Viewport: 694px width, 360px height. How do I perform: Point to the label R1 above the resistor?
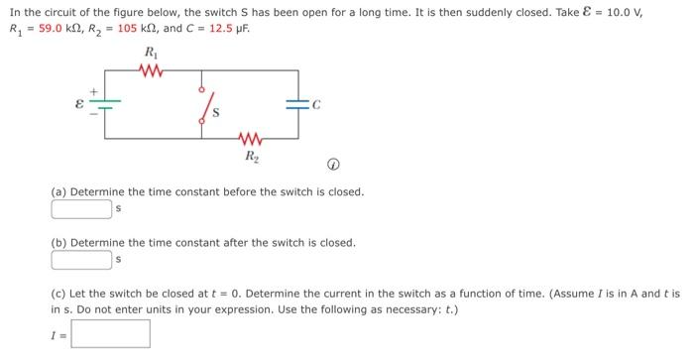(151, 52)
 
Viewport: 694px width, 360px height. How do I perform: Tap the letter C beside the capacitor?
(316, 102)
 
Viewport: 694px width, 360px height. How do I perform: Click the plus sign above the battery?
(95, 90)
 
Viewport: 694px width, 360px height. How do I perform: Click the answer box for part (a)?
(81, 208)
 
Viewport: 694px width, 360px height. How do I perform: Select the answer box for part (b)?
(81, 260)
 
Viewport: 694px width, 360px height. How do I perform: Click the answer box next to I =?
(110, 333)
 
